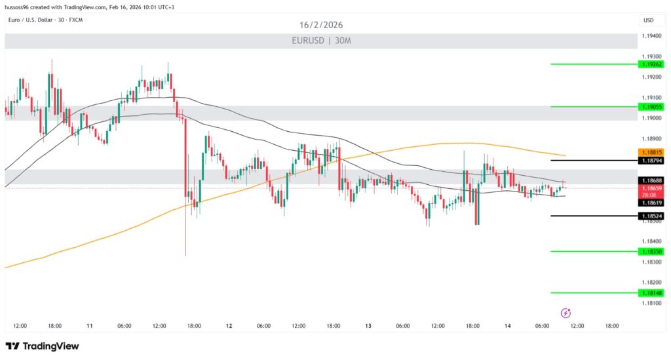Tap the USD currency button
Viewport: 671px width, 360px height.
[648, 20]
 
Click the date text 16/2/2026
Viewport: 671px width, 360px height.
[321, 25]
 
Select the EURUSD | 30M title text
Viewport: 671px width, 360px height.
[321, 41]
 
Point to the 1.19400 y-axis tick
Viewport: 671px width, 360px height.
[651, 36]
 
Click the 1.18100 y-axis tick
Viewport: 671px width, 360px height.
[651, 303]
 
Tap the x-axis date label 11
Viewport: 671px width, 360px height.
[89, 325]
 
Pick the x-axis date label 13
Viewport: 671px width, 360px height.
[368, 325]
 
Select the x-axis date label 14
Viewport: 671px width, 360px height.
[508, 325]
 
